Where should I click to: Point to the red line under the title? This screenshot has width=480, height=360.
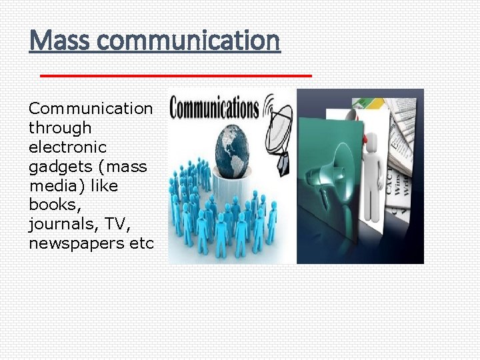pos(176,76)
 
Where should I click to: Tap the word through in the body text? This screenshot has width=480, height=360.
pos(60,127)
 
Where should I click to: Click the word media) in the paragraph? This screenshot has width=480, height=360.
pos(53,185)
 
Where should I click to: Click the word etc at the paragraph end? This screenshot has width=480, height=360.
pos(141,243)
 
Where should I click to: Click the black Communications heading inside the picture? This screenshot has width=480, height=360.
pos(214,109)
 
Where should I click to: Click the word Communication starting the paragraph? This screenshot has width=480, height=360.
pos(91,108)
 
